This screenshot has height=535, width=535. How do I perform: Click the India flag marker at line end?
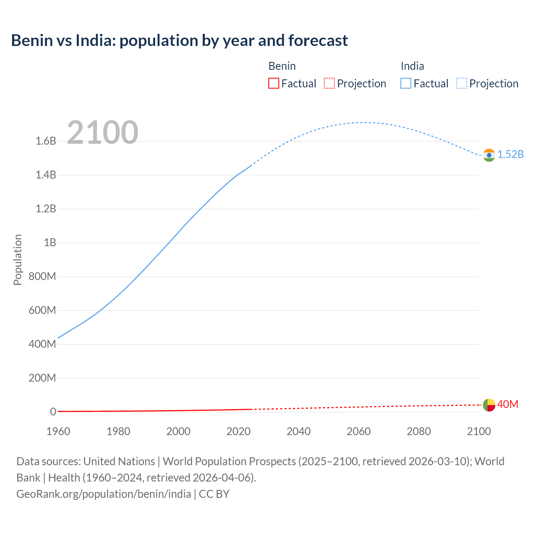(x=489, y=155)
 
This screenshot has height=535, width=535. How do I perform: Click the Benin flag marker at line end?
(x=489, y=405)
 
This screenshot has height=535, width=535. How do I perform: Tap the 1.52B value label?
(x=510, y=154)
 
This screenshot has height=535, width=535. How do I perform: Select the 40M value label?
(x=508, y=404)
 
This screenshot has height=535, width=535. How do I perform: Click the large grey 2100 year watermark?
(x=102, y=132)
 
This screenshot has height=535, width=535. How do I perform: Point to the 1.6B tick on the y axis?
(x=46, y=141)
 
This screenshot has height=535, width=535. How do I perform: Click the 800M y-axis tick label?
(x=42, y=277)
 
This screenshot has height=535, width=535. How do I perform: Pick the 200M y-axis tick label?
(x=42, y=378)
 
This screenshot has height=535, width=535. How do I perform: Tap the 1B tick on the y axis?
(x=50, y=243)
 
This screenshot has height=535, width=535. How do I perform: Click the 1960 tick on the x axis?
(x=58, y=431)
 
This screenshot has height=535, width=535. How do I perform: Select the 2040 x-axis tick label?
(x=298, y=431)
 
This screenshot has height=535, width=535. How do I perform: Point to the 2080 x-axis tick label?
(x=418, y=431)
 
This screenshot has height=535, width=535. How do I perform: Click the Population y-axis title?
(x=18, y=260)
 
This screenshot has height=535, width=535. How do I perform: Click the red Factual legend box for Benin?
(x=274, y=83)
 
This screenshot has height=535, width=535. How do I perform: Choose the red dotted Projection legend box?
(x=329, y=83)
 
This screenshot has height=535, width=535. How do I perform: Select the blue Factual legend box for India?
(x=406, y=83)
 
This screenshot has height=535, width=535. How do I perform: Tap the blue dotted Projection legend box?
(x=462, y=83)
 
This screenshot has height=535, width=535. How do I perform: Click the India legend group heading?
(x=412, y=66)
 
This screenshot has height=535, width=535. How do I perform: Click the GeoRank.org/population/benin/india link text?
(x=104, y=494)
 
